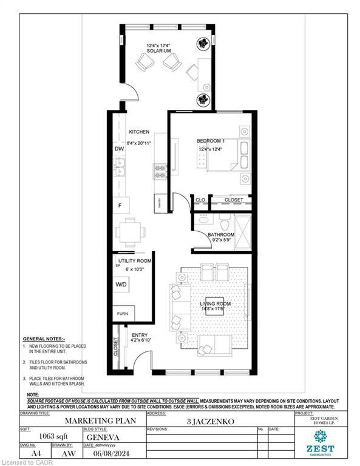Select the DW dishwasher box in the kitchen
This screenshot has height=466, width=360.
(x=120, y=149)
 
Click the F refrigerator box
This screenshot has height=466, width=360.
(x=120, y=206)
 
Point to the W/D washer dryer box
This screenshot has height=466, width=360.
(x=121, y=284)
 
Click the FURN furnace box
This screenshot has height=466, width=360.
(x=124, y=314)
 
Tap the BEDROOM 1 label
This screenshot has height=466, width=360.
(x=211, y=141)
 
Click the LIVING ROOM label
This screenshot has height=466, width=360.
(x=216, y=304)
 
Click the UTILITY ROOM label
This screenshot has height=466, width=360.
(x=135, y=260)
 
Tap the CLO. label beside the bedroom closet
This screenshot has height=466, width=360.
(x=200, y=200)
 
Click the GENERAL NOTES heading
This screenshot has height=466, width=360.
(x=47, y=339)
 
